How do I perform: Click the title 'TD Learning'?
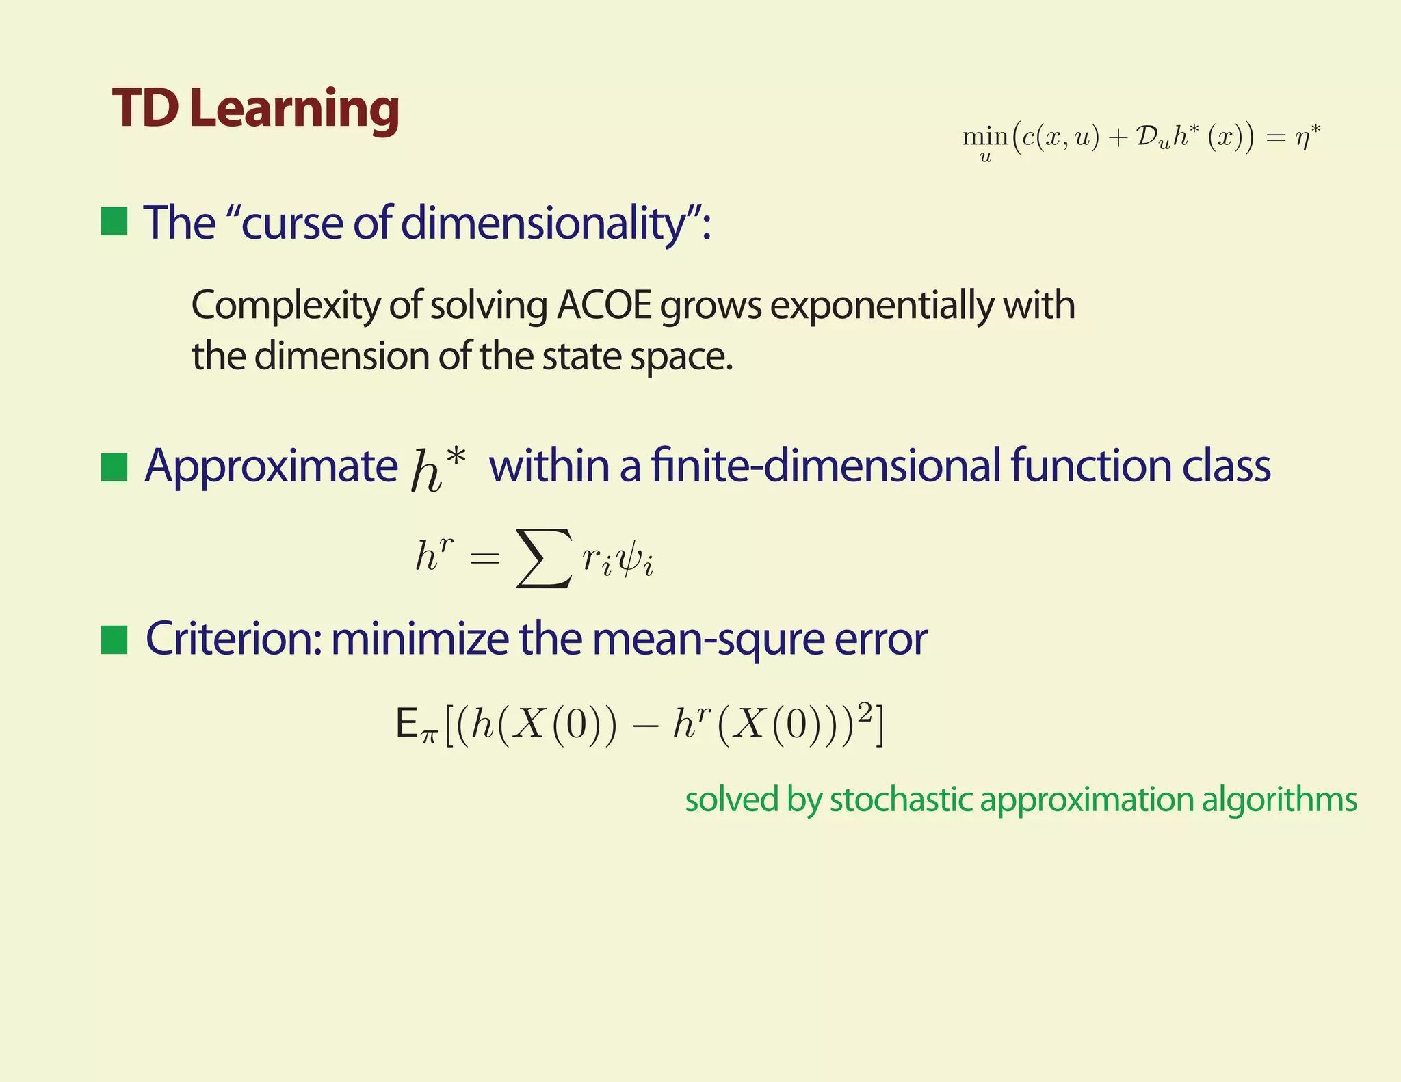(256, 109)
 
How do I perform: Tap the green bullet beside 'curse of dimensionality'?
(114, 222)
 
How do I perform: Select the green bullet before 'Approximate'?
(114, 467)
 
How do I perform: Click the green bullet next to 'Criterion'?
(114, 640)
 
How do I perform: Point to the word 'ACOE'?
(604, 305)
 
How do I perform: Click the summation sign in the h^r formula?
(544, 557)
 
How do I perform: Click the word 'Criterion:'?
(233, 639)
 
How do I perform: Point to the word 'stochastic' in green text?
(900, 800)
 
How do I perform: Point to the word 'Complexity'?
(285, 305)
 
